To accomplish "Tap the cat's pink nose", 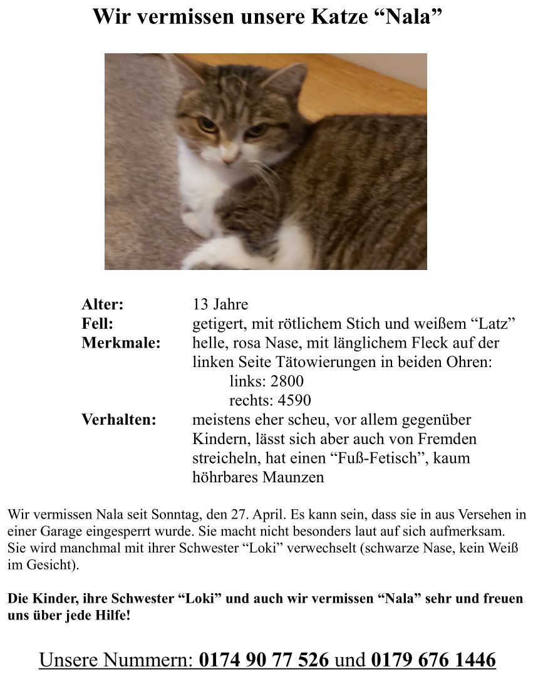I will point(230,156).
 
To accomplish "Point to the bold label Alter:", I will point(103,305).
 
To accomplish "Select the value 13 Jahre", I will point(220,305).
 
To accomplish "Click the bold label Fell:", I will point(98,324).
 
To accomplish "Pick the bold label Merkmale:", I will point(121,343).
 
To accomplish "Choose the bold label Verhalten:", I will point(119,420).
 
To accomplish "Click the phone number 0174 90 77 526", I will point(264,660).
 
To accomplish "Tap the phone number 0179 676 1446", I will point(433,660).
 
